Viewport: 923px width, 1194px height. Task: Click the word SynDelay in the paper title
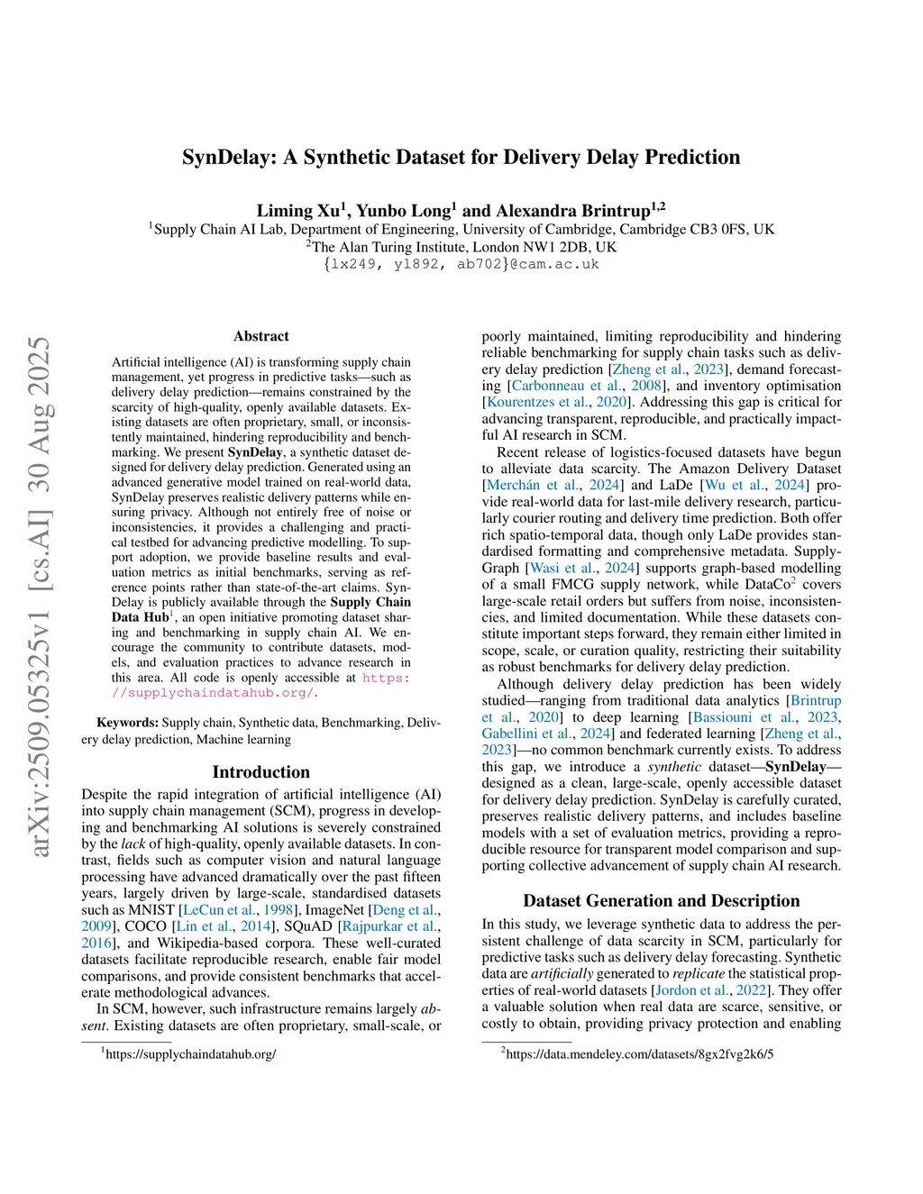(229, 158)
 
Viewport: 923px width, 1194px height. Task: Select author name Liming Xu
(297, 211)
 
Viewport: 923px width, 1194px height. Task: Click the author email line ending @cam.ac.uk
(461, 264)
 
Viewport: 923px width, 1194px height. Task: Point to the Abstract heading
(261, 336)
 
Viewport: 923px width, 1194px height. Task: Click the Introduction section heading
(260, 772)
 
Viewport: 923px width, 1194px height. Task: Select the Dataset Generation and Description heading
(661, 901)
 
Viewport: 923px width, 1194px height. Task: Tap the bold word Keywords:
(127, 723)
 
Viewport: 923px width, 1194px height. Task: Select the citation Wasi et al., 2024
(582, 568)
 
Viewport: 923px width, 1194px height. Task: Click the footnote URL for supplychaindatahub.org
(190, 1053)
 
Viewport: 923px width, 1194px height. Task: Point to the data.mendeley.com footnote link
(639, 1053)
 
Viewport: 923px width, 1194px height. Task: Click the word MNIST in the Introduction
(151, 910)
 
